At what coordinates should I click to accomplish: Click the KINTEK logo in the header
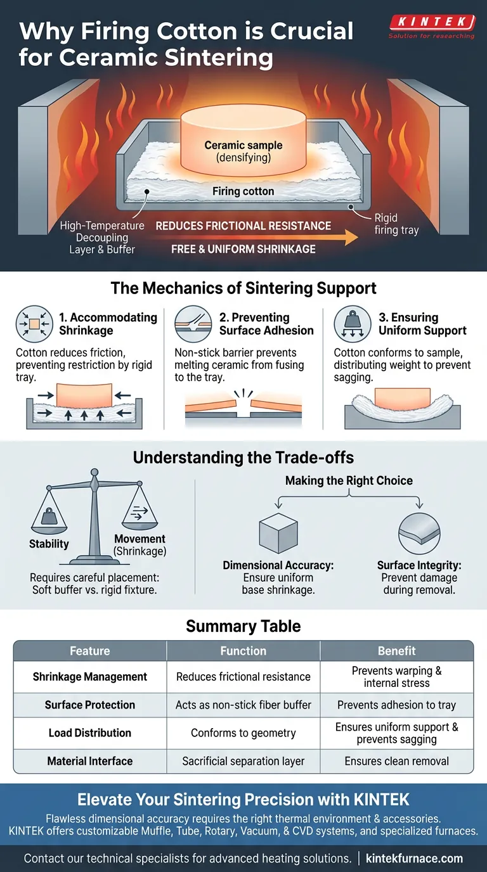click(x=431, y=23)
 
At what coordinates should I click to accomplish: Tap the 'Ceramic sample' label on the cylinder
click(x=243, y=145)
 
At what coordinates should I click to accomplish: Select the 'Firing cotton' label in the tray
click(x=243, y=191)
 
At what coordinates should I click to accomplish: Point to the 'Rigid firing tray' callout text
click(x=396, y=224)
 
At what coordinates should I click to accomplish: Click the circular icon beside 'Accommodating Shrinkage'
click(x=31, y=324)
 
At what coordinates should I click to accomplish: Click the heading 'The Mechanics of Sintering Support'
click(x=243, y=289)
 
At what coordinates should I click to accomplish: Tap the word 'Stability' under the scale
click(x=49, y=544)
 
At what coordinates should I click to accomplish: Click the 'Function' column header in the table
click(x=243, y=651)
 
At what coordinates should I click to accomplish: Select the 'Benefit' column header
click(x=396, y=651)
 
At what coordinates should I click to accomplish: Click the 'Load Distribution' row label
click(x=90, y=733)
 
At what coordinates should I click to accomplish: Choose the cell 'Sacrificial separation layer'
click(x=243, y=761)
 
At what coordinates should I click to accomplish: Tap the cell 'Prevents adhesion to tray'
click(x=396, y=705)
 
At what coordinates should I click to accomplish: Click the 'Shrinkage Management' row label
click(x=90, y=677)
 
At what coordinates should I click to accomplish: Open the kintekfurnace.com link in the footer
click(x=415, y=859)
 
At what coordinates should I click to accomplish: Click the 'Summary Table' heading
click(x=243, y=627)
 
